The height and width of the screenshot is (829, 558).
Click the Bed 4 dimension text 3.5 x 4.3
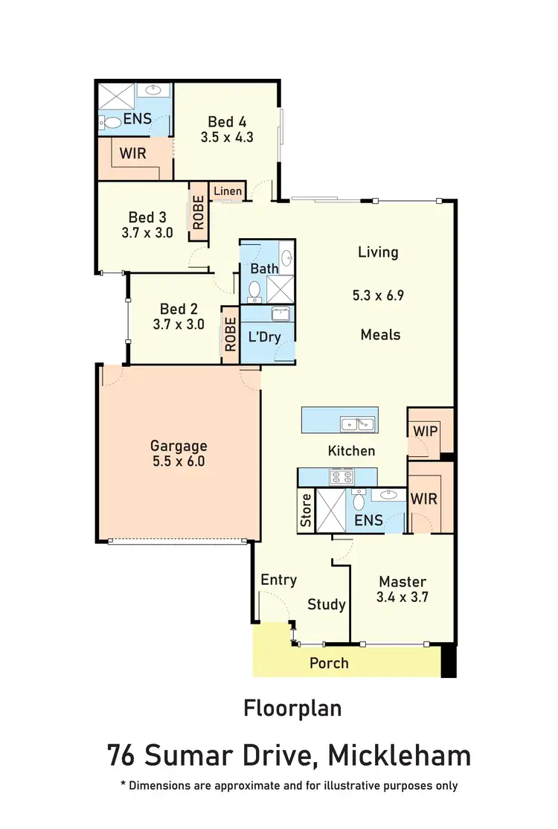pos(227,137)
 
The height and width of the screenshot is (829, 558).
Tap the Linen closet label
pos(228,191)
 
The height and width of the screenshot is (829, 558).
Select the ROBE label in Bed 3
pos(199,211)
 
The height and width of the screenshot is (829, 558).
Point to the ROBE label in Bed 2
pos(230,335)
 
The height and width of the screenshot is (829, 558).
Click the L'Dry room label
pos(264,336)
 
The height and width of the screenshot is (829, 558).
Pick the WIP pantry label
pos(424,431)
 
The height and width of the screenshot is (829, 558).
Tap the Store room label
pos(306,510)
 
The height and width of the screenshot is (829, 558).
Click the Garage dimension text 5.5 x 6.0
pos(179,461)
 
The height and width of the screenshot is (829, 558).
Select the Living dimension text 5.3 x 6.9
pos(378,295)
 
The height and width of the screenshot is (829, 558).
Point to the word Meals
pos(380,335)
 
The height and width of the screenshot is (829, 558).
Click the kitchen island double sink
pos(357,425)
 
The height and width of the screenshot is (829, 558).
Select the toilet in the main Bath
pos(254,289)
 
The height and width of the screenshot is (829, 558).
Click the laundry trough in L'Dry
pos(280,314)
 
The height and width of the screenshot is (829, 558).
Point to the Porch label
pos(329,662)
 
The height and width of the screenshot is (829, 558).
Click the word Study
pos(327,604)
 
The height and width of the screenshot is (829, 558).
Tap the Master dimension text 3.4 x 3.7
pos(403,596)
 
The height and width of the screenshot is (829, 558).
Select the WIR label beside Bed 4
pos(132,153)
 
